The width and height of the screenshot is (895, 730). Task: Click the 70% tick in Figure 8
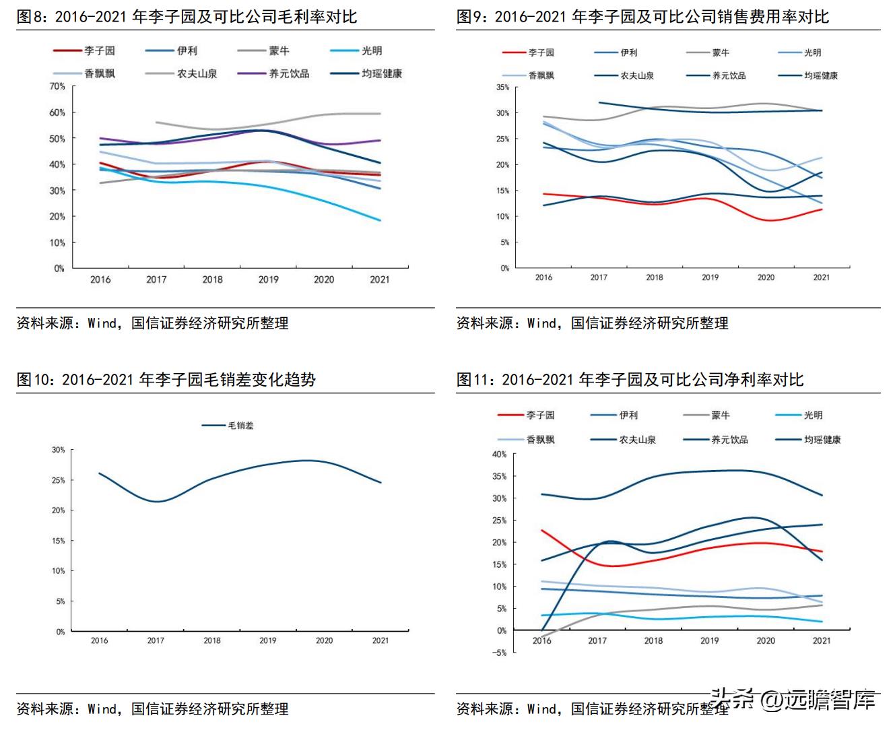click(57, 86)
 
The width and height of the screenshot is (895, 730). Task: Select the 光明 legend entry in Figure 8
click(371, 51)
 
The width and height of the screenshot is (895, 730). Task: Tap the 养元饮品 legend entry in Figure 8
click(289, 73)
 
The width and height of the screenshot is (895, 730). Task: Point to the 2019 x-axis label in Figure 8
click(268, 279)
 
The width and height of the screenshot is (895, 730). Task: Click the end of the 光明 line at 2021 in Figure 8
click(380, 220)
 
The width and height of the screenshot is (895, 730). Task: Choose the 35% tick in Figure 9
click(502, 88)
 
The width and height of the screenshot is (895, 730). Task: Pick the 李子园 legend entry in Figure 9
click(541, 53)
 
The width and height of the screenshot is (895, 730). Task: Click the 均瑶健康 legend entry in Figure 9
click(820, 75)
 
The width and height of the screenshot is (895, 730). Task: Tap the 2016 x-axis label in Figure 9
click(543, 277)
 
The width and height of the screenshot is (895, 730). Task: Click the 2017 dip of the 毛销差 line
click(156, 502)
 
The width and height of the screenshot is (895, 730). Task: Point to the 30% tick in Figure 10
click(59, 450)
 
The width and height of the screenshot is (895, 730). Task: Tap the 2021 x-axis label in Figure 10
click(380, 640)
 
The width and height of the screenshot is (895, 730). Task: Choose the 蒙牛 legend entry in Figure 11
click(720, 416)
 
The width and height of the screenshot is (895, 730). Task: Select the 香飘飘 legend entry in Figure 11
click(540, 440)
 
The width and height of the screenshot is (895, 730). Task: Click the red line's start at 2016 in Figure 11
click(542, 531)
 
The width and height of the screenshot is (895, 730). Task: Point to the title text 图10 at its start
click(30, 380)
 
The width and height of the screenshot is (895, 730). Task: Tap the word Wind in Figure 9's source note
click(541, 323)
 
